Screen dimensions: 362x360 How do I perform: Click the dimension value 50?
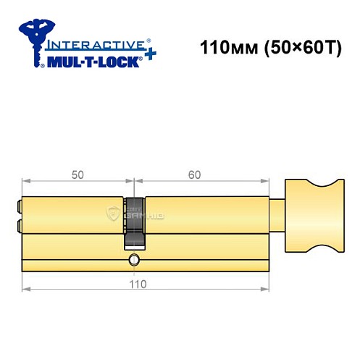(77, 174)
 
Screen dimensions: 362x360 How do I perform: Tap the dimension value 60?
(193, 174)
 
